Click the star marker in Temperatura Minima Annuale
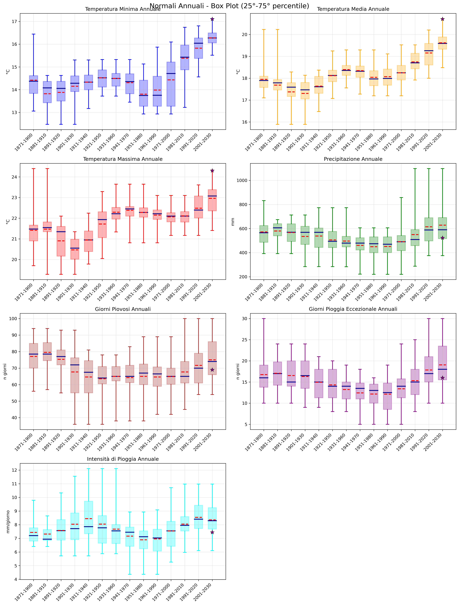212,19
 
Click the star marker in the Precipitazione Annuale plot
443,238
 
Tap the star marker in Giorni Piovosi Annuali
212,370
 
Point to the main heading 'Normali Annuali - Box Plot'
229,6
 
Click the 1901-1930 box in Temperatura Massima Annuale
75,249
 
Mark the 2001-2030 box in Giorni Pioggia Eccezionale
443,363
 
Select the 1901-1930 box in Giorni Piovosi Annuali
75,375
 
